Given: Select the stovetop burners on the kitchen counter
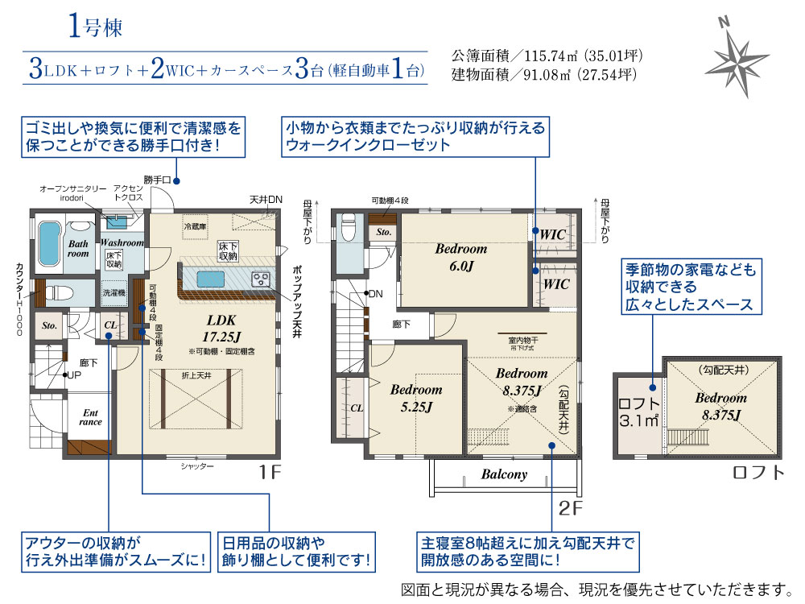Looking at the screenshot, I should [x=262, y=279].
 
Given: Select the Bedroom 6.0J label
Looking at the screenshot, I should [x=460, y=256].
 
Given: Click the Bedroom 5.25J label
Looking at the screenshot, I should [x=415, y=397].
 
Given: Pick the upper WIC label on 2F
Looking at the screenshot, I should [x=555, y=234].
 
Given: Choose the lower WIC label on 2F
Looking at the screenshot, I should [x=555, y=284].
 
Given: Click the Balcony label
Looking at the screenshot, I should [x=504, y=474].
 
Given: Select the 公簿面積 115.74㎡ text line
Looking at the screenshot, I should [x=547, y=57].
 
